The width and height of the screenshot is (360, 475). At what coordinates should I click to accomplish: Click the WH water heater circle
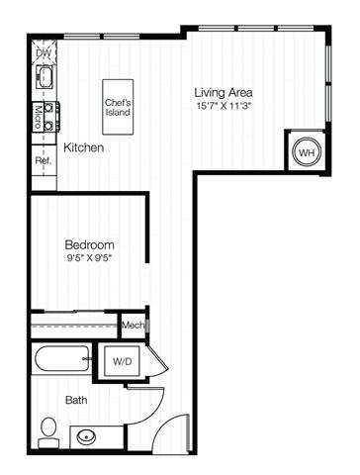(x=307, y=152)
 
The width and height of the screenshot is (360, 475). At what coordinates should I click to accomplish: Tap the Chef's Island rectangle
(x=118, y=107)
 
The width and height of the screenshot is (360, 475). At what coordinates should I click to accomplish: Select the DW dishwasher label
(x=44, y=52)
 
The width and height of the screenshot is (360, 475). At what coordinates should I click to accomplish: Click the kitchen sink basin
(x=45, y=76)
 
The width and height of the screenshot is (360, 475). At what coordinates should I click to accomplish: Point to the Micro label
(x=38, y=117)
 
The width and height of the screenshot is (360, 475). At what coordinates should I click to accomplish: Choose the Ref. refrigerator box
(x=44, y=160)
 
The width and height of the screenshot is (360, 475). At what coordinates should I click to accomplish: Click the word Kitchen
(x=83, y=147)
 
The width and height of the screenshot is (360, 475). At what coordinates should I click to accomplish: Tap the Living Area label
(x=224, y=92)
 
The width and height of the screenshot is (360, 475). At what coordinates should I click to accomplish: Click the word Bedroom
(x=90, y=244)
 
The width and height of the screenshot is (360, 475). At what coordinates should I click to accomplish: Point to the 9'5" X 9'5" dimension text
(x=90, y=258)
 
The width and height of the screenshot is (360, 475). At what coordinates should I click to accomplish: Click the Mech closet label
(x=134, y=326)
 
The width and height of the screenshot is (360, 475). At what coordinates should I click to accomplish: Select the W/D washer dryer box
(x=122, y=361)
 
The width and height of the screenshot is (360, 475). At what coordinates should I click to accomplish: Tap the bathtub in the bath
(x=61, y=358)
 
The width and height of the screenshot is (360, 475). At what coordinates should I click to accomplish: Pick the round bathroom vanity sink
(x=86, y=437)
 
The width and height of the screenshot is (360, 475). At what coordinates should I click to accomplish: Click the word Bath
(x=76, y=400)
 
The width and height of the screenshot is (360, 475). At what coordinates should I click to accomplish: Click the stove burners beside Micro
(x=49, y=117)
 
